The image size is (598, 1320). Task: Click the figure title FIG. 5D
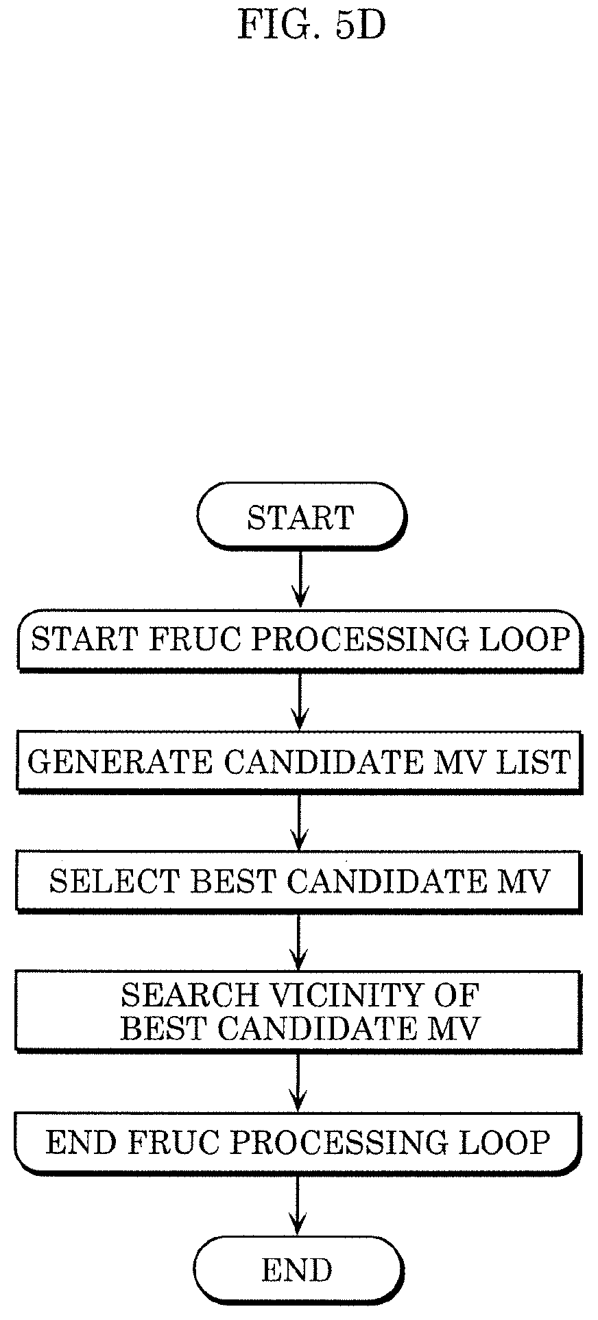[x=311, y=26]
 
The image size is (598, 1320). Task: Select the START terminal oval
[x=301, y=516]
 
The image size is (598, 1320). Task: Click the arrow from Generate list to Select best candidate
[x=299, y=822]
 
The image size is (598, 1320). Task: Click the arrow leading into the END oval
[x=297, y=1205]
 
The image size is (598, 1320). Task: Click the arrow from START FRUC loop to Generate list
[x=299, y=700]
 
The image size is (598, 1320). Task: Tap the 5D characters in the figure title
[x=361, y=26]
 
